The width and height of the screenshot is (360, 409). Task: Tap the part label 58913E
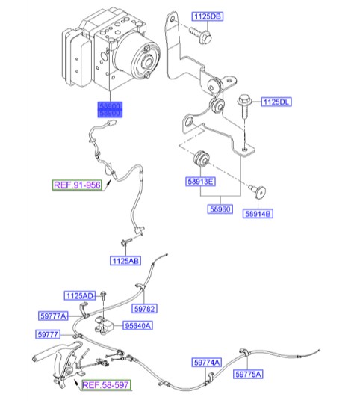[x=199, y=182]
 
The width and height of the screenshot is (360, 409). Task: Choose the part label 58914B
[x=259, y=214]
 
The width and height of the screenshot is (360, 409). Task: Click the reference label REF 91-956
[x=75, y=185]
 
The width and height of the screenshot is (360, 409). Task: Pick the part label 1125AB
[x=125, y=261]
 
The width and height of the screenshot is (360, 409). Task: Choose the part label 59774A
[x=207, y=363]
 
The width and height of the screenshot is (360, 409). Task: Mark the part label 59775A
[x=248, y=373]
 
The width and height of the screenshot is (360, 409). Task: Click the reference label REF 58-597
[x=105, y=386]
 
